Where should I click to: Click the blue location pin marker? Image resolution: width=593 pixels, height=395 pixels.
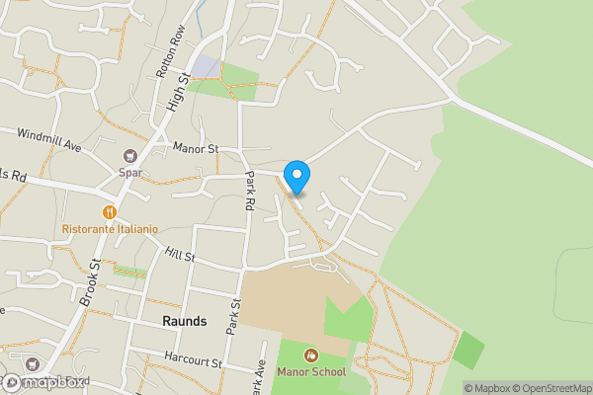tap(296, 177)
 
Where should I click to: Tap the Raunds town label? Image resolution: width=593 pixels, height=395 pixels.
tap(185, 321)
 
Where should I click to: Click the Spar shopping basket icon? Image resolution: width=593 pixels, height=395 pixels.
tap(129, 156)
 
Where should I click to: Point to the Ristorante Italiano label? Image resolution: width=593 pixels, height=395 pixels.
tap(110, 229)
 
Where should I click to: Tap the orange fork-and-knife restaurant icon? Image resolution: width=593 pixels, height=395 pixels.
tap(110, 211)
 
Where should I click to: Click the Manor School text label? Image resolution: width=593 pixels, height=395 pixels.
tap(312, 372)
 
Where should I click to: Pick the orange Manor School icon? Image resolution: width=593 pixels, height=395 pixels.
tap(311, 355)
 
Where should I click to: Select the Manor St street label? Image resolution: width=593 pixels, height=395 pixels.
tap(195, 149)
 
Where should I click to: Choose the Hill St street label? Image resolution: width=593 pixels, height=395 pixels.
tap(181, 255)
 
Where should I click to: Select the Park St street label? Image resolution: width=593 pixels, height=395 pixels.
tap(235, 316)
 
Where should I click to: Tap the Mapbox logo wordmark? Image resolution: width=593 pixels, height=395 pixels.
tap(46, 382)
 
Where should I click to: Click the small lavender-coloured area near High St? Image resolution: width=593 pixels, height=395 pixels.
tap(208, 67)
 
